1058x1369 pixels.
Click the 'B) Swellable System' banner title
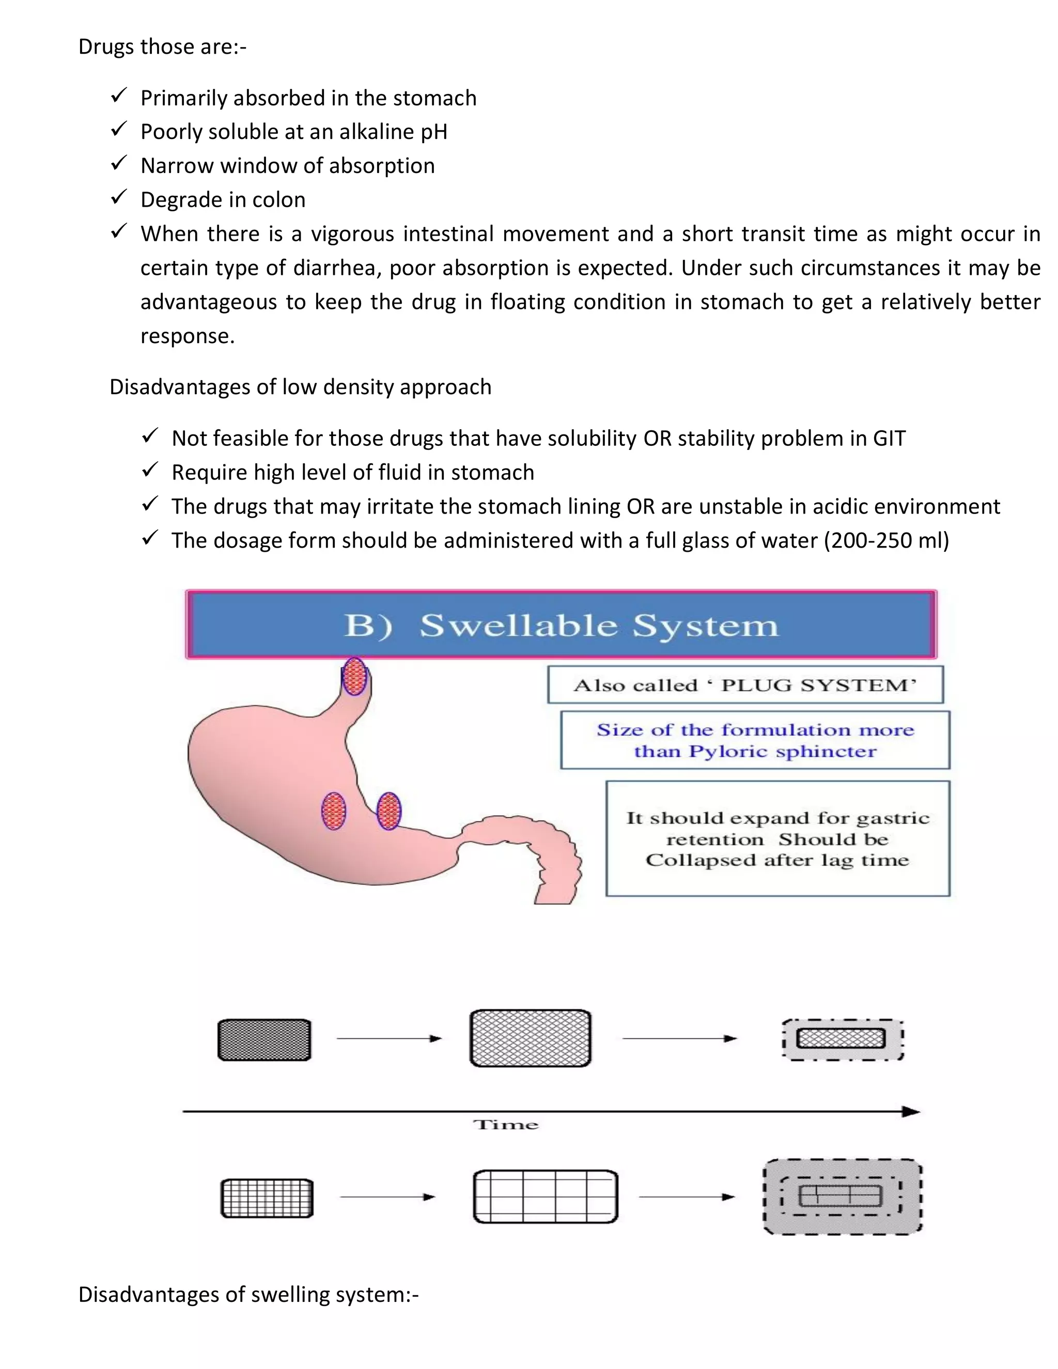[x=561, y=625]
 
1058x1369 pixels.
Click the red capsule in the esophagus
[x=354, y=676]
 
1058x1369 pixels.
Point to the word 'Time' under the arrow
[x=505, y=1125]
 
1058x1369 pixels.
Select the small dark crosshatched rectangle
[x=264, y=1040]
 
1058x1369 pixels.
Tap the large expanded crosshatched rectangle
[x=530, y=1038]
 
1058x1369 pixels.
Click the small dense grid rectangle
[x=267, y=1199]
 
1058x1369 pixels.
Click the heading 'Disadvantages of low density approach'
[x=300, y=387]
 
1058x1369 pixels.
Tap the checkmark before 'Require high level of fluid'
[x=150, y=470]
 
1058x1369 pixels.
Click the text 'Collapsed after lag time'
[x=777, y=860]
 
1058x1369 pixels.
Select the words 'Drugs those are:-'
[x=162, y=47]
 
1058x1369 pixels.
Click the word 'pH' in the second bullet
[x=434, y=132]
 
